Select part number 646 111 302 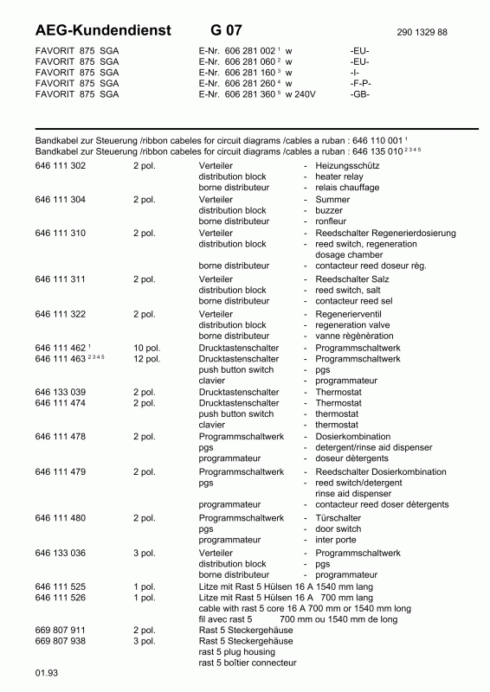60,164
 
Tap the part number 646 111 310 60,234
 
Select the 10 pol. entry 146,348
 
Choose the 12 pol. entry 146,359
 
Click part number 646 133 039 60,392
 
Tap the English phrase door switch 338,529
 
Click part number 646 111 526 60,597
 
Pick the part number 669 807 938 60,642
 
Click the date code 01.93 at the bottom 45,672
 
